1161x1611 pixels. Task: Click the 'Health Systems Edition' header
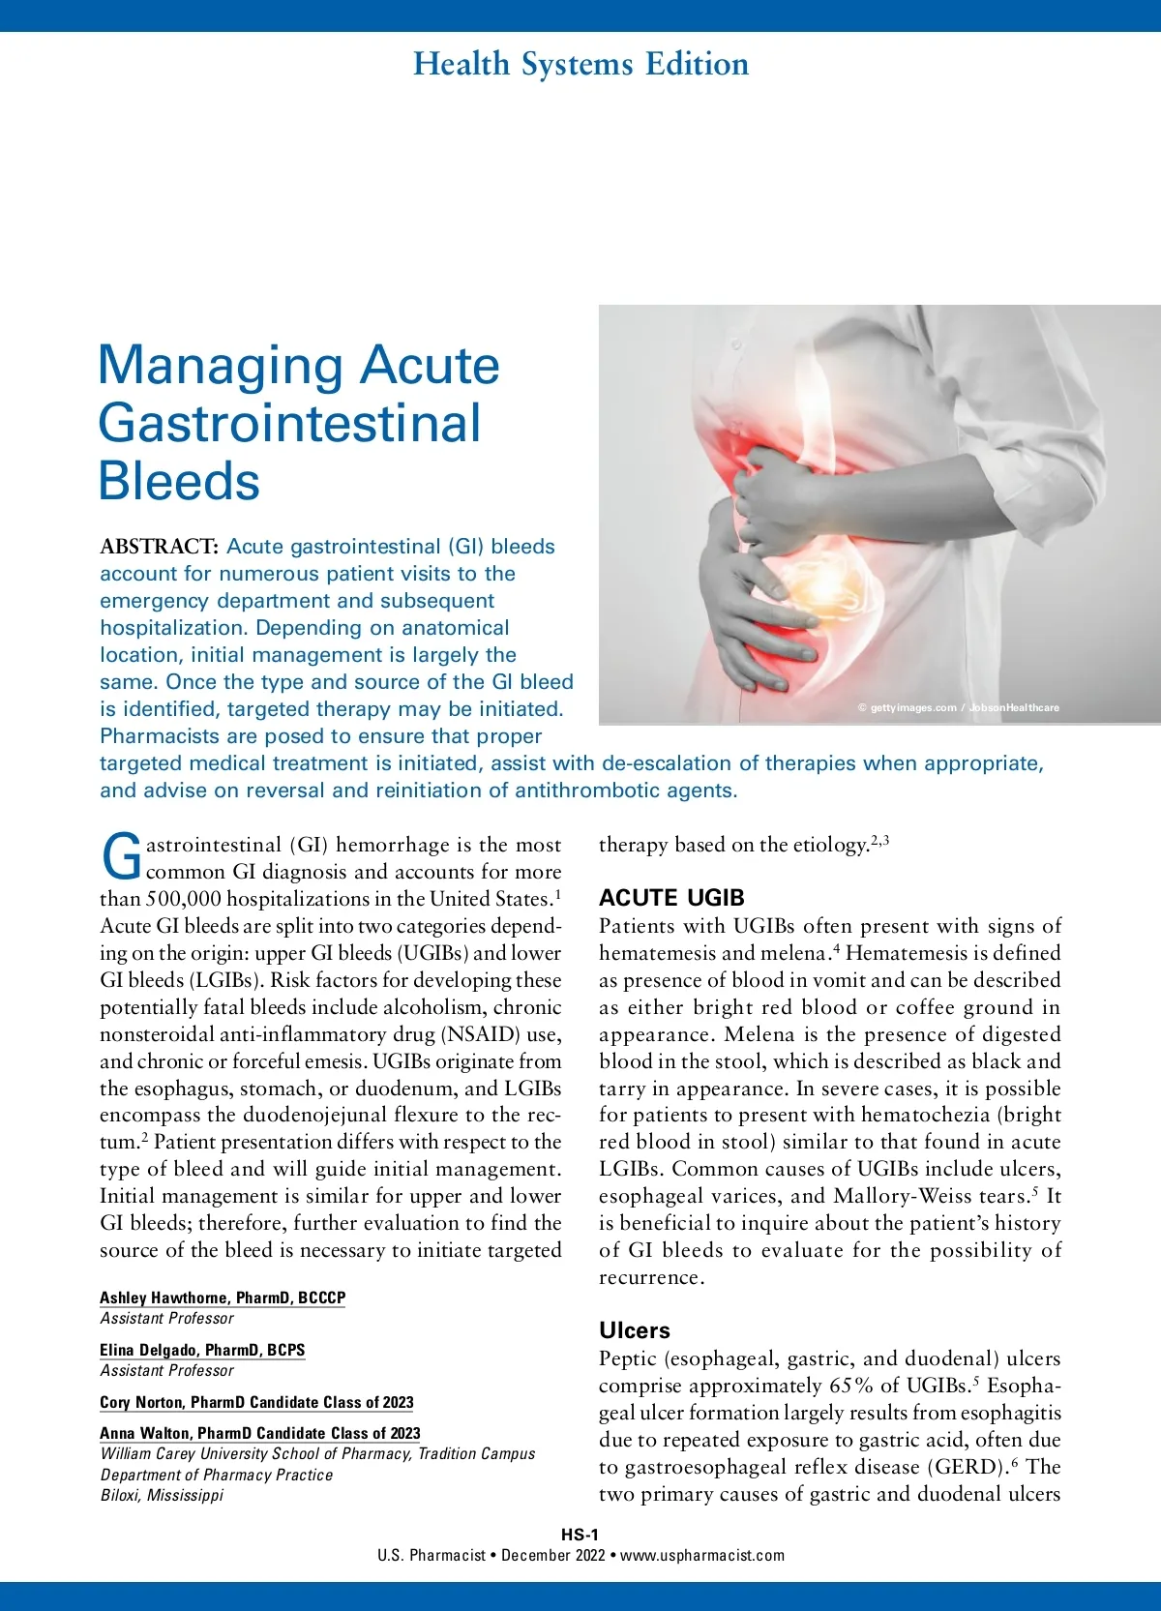coord(580,65)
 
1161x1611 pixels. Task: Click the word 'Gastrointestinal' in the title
coord(289,424)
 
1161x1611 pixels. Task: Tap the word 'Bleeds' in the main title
coord(179,482)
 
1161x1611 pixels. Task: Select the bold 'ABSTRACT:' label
coord(159,547)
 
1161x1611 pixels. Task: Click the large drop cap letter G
coord(122,858)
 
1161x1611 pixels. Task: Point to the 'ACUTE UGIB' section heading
coord(671,898)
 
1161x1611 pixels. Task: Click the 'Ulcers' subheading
coord(634,1330)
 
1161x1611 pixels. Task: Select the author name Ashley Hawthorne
coord(222,1298)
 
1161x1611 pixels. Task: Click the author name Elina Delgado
coord(201,1350)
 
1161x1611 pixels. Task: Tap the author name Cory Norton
coord(255,1402)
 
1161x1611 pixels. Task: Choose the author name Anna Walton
coord(259,1433)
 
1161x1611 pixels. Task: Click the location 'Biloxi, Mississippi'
coord(162,1495)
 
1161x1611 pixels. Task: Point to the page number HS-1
coord(580,1535)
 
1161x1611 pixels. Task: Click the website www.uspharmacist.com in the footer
coord(702,1556)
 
